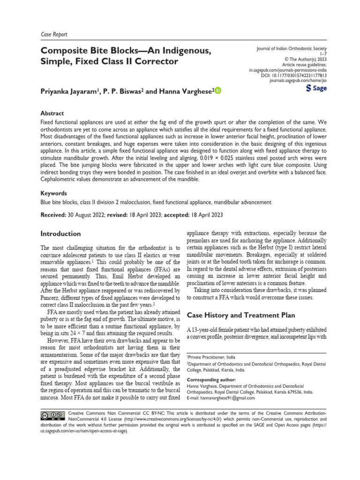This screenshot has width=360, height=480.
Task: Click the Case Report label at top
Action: pos(54,34)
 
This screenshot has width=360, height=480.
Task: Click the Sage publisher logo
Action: pos(316,88)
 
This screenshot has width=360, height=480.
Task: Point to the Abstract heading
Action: pos(52,113)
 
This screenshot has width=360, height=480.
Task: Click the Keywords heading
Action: pos(54,193)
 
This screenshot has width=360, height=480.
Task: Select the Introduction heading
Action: pos(60,233)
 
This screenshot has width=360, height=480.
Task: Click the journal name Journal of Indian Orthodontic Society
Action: pos(287,49)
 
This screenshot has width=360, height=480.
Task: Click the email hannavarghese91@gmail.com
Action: pos(227,398)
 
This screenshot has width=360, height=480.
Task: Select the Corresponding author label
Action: pos(211,380)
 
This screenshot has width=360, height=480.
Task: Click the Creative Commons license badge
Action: pos(52,415)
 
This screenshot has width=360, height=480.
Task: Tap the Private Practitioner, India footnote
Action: pos(212,357)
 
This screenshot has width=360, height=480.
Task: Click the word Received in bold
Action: pos(53,215)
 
